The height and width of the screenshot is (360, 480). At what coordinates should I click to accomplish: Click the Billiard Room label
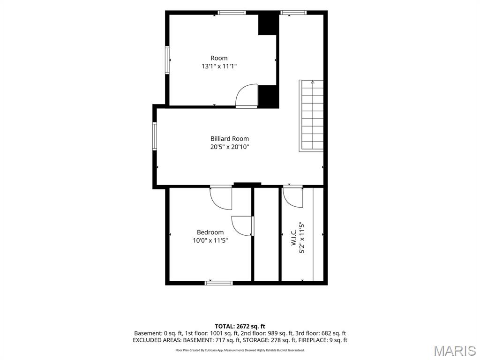pyautogui.click(x=230, y=139)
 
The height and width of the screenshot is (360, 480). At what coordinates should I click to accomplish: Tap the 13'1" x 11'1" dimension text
pyautogui.click(x=219, y=66)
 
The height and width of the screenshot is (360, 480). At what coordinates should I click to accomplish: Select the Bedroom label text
pyautogui.click(x=210, y=232)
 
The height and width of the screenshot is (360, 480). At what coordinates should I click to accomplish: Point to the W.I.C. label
pyautogui.click(x=293, y=238)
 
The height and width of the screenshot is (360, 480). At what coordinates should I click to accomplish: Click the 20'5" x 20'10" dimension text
pyautogui.click(x=230, y=147)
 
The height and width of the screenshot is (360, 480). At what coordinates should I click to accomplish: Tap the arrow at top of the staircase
pyautogui.click(x=313, y=82)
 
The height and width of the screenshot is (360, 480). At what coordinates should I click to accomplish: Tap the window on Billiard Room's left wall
pyautogui.click(x=155, y=136)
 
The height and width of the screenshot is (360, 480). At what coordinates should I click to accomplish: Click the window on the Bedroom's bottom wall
pyautogui.click(x=218, y=283)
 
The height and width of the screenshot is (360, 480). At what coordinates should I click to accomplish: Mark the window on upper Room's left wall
pyautogui.click(x=167, y=60)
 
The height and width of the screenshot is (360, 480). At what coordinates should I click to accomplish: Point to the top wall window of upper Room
pyautogui.click(x=232, y=13)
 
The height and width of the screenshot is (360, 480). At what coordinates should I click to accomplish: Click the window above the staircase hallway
pyautogui.click(x=293, y=13)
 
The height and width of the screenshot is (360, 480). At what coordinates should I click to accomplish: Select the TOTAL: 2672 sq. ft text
pyautogui.click(x=240, y=326)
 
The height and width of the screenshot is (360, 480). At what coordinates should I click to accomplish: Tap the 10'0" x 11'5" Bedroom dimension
pyautogui.click(x=210, y=240)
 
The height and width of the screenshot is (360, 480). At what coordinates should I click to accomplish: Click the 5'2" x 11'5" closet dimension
pyautogui.click(x=302, y=238)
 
